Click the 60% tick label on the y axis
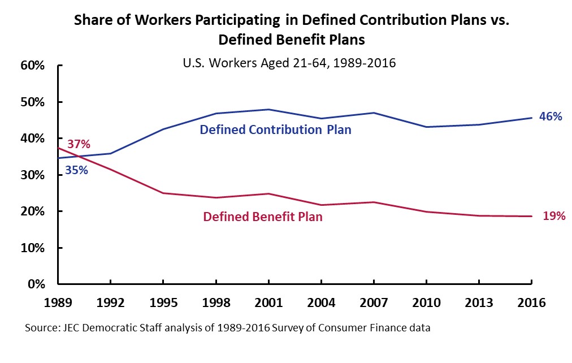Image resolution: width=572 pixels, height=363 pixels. point(32,66)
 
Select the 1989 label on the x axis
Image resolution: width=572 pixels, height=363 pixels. point(59,302)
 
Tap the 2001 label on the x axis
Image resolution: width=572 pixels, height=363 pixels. point(268,302)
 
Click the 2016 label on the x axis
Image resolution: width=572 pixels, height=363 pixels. point(531,302)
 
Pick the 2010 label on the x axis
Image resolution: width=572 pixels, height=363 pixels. point(426,302)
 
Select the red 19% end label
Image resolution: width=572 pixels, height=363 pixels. point(554,215)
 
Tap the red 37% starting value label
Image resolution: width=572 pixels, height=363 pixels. point(79,144)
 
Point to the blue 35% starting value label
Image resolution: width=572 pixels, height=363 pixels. point(76,169)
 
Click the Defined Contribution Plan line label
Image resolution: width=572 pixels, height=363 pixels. point(275,130)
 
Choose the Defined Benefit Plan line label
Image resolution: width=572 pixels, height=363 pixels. point(263,217)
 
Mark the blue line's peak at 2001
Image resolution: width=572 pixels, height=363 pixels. point(268,109)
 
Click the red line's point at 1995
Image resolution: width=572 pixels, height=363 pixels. point(163,193)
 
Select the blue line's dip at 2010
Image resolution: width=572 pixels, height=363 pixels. point(426,127)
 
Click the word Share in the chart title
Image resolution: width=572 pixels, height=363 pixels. point(91,21)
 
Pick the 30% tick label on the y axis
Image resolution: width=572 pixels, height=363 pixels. point(32,175)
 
